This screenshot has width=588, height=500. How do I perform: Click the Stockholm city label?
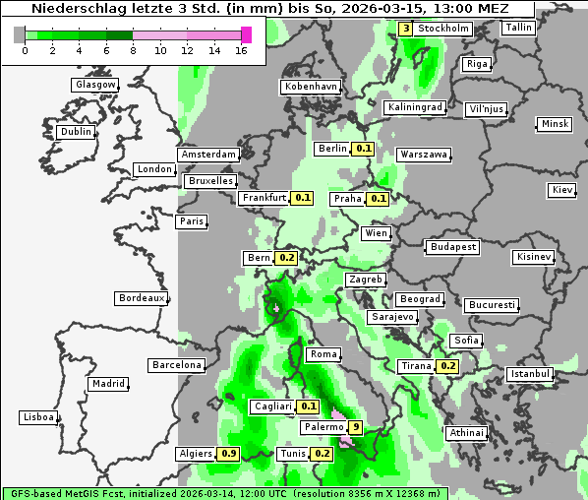[x=443, y=29]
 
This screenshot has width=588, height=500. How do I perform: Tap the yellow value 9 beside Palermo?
[x=356, y=427]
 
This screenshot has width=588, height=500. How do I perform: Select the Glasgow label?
[x=95, y=85]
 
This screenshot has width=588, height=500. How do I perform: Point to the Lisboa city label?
[x=37, y=417]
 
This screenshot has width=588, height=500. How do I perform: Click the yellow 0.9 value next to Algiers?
[x=229, y=454]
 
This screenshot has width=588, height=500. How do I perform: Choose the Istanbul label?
[x=530, y=374]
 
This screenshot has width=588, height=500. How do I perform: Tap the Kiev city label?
[x=562, y=190]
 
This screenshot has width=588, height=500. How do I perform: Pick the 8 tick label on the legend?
[x=132, y=49]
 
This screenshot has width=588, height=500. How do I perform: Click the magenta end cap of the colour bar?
[x=246, y=34]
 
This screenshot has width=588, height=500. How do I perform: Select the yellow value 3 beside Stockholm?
[x=405, y=29]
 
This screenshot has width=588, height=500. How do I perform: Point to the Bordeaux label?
[x=141, y=298]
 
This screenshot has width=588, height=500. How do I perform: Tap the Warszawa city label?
[x=424, y=155]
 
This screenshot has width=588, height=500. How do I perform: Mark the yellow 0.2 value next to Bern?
[x=286, y=258]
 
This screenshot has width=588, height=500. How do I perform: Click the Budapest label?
[x=452, y=246]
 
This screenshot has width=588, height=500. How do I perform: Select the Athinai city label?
[x=466, y=432]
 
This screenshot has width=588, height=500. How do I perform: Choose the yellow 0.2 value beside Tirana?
[x=447, y=366]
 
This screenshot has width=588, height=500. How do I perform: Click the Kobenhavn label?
[x=311, y=87]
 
